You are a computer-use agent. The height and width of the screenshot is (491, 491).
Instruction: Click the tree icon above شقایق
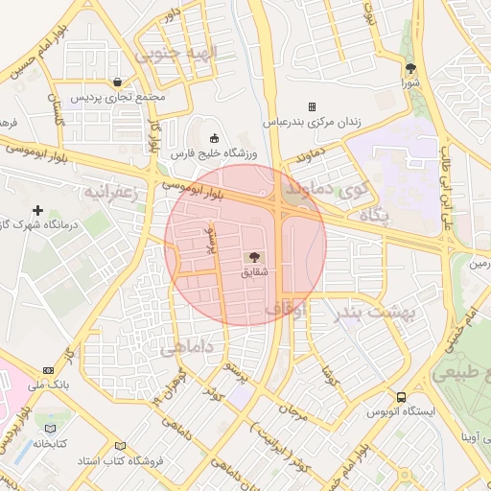pyautogui.click(x=254, y=257)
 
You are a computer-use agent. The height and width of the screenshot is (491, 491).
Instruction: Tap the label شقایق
pyautogui.click(x=254, y=273)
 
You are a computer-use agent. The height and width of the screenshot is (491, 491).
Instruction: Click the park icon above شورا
pyautogui.click(x=411, y=68)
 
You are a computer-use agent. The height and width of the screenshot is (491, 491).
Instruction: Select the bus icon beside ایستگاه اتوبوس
pyautogui.click(x=401, y=397)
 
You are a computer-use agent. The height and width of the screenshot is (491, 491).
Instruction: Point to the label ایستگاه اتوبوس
pyautogui.click(x=401, y=412)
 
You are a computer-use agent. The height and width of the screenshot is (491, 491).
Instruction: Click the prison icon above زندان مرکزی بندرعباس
pyautogui.click(x=312, y=106)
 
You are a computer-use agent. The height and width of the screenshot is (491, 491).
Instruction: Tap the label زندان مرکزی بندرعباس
pyautogui.click(x=312, y=122)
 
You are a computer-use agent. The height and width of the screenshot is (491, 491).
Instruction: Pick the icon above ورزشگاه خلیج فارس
pyautogui.click(x=213, y=136)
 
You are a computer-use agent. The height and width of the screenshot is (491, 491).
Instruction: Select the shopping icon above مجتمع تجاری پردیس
pyautogui.click(x=117, y=82)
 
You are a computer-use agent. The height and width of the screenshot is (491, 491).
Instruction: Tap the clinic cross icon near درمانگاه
pyautogui.click(x=38, y=210)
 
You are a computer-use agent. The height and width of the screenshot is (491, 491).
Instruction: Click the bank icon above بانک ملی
pyautogui.click(x=48, y=370)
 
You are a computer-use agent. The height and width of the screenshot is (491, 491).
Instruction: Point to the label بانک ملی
pyautogui.click(x=48, y=386)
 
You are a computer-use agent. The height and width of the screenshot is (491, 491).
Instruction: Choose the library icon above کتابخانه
pyautogui.click(x=50, y=429)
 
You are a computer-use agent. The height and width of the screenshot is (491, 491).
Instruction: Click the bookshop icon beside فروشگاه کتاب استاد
pyautogui.click(x=120, y=446)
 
